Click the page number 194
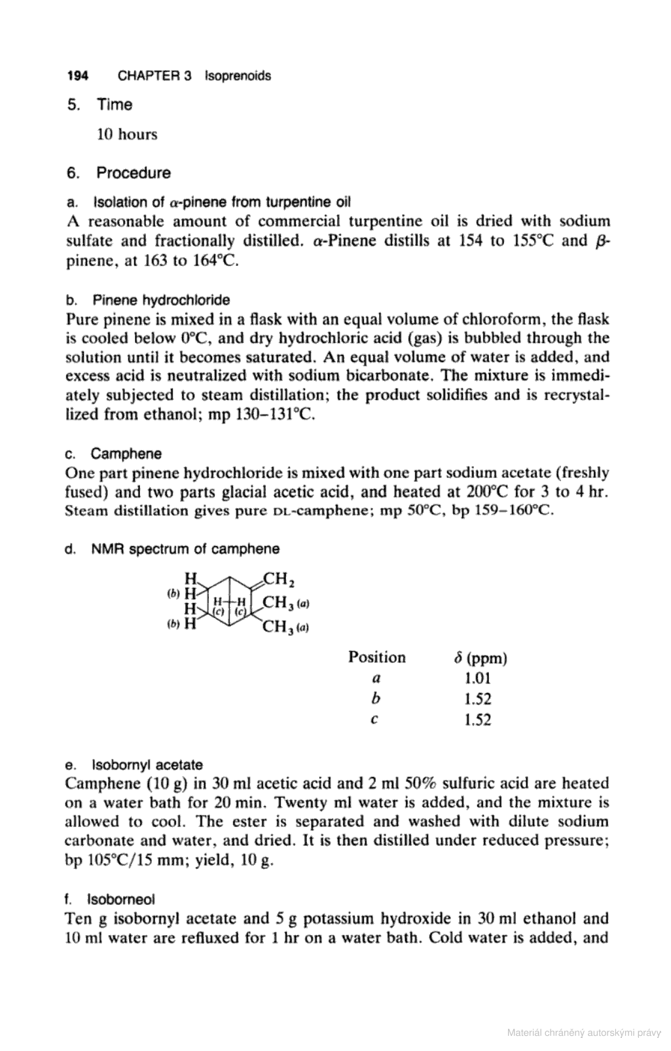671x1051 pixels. click(77, 76)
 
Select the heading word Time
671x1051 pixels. click(115, 105)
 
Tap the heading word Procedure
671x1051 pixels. click(134, 174)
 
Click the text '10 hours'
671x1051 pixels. click(127, 135)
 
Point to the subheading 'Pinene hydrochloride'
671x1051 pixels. click(161, 301)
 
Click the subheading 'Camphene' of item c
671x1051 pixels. click(126, 454)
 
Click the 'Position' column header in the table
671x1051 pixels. click(376, 657)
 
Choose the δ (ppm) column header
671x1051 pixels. click(480, 657)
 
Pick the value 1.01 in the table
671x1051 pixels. click(477, 678)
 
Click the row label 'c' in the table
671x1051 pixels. click(373, 720)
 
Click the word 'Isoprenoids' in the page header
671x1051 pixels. click(238, 76)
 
